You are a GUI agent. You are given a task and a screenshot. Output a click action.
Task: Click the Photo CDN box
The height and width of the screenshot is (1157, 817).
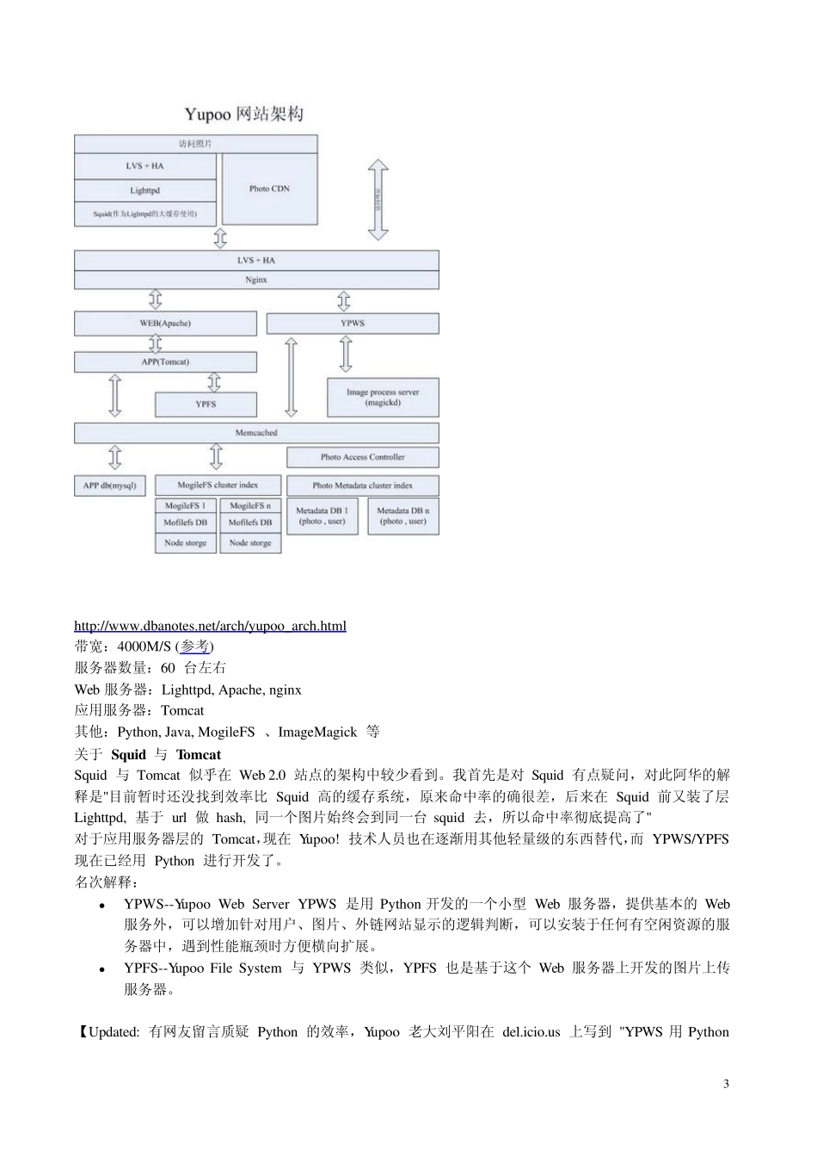tap(269, 189)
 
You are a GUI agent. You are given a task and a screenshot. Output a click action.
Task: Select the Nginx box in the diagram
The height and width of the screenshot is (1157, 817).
tap(256, 280)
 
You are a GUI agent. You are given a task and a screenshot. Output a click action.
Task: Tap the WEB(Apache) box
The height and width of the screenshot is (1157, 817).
tap(165, 324)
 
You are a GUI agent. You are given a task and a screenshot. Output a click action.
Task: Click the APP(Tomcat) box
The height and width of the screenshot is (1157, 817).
tap(165, 362)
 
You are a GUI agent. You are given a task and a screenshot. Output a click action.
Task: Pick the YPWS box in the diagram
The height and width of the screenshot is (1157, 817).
tap(353, 324)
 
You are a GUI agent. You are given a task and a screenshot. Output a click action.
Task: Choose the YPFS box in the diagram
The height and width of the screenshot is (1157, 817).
tap(206, 404)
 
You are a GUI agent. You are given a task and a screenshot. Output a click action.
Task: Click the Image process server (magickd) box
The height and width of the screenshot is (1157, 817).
tap(383, 397)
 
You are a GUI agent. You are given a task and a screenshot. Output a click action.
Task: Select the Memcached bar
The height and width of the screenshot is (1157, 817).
tap(256, 433)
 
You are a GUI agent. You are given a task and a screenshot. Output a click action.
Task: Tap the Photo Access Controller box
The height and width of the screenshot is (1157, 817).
tap(362, 457)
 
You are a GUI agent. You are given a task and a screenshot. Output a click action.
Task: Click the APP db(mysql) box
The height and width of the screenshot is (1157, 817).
tap(110, 486)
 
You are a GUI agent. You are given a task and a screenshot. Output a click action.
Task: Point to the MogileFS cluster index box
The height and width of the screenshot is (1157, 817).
tap(218, 486)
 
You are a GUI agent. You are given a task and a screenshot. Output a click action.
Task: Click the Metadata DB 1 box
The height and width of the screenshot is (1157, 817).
tap(322, 516)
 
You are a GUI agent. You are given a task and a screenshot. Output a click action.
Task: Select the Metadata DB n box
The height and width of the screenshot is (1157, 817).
tap(402, 516)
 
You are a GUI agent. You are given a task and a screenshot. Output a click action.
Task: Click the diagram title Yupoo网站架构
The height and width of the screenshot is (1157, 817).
tap(244, 114)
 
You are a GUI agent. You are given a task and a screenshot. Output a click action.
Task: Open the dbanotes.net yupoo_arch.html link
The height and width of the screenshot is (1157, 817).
tap(210, 626)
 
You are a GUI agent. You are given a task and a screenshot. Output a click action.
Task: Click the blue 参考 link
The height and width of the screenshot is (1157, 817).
tap(195, 647)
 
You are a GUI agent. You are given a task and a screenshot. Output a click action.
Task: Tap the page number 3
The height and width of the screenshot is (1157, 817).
tap(726, 1084)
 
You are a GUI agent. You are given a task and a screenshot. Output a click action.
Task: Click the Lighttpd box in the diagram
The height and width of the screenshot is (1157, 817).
tap(144, 190)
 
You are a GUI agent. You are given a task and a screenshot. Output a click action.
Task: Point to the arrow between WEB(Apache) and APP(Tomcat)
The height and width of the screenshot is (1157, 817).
tap(156, 343)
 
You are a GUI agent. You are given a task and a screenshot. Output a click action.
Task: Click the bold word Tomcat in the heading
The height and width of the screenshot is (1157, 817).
tap(198, 755)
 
